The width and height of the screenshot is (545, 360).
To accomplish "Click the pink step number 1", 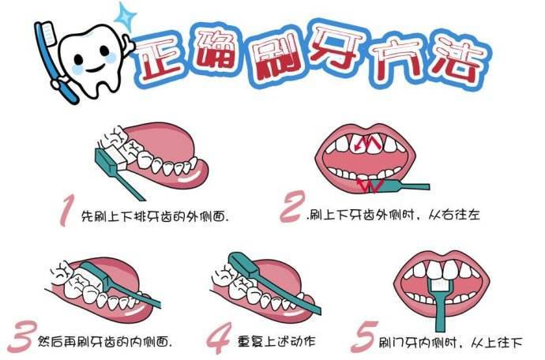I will pos(67,211).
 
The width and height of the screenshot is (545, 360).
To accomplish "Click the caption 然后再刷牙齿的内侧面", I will pos(110,341).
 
